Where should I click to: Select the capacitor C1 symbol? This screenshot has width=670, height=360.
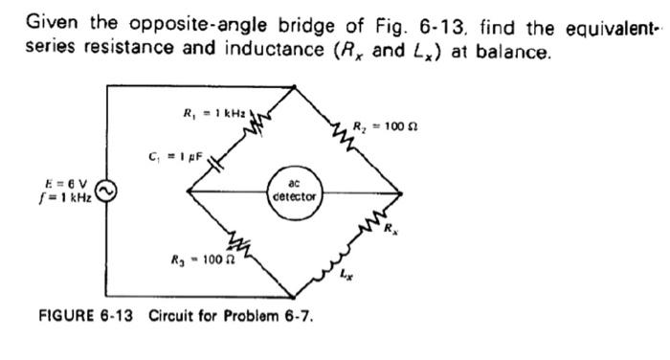tap(213, 160)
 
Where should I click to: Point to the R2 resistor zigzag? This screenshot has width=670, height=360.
tap(341, 129)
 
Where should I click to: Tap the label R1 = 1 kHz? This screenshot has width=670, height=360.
tap(213, 114)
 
